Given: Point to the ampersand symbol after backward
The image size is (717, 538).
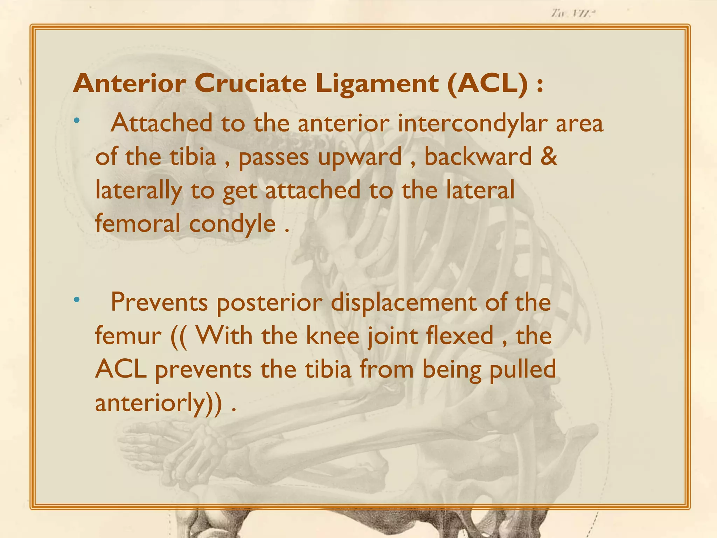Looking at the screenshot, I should pos(548,157).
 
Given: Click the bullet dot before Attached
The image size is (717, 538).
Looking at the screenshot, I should pos(77,121).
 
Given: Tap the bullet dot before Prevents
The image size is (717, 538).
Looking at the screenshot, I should pos(77,300).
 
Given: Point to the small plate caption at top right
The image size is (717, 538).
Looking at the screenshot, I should pos(573,14).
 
